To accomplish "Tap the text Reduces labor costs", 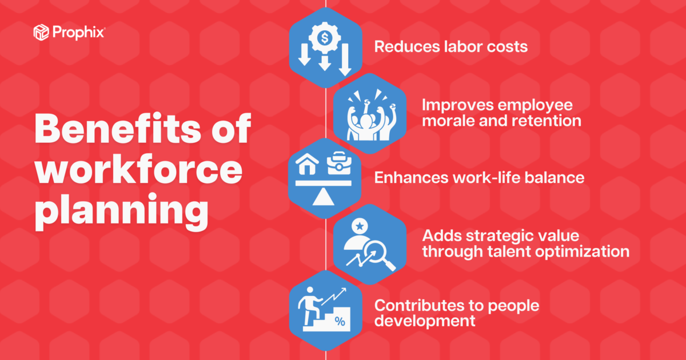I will pos(450,46).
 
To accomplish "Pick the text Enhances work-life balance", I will pos(479,178).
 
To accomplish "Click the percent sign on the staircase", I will pos(340,322).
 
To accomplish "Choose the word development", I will pos(425,321).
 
